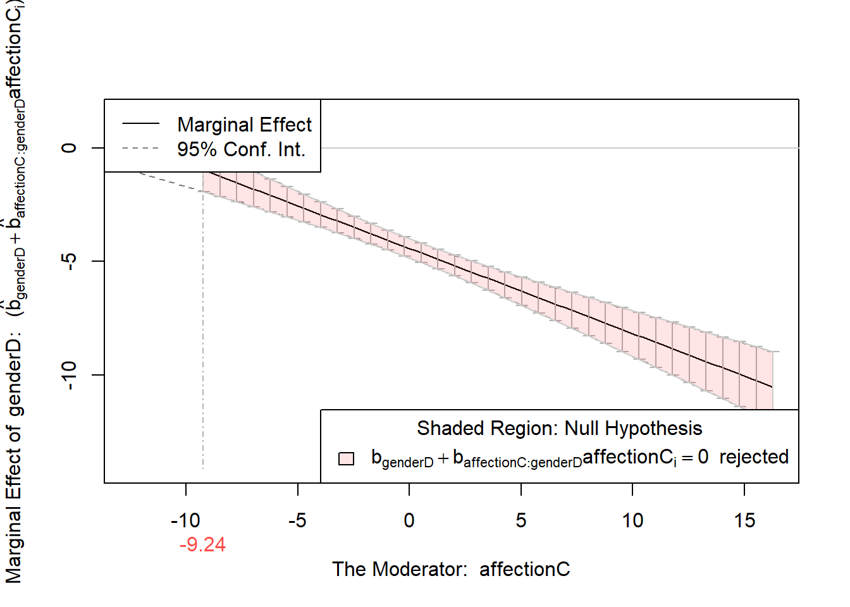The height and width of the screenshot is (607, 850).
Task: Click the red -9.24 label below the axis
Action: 202,545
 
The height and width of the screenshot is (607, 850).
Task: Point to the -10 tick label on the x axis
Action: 185,520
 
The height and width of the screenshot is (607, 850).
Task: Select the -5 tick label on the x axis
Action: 297,520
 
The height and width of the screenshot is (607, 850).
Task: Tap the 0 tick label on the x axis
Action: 409,520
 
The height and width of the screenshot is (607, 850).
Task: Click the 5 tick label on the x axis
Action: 520,520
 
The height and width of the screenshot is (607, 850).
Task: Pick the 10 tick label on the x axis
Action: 632,520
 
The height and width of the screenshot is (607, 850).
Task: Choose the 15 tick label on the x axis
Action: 744,520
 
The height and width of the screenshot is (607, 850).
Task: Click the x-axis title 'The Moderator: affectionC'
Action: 451,570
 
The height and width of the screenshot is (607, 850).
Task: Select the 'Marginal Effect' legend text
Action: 244,125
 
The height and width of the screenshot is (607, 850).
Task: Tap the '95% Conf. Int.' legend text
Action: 241,149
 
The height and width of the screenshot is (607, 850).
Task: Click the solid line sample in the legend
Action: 140,124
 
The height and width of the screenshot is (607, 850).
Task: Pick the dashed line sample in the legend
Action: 140,149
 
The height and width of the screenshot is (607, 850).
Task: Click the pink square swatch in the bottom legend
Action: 346,458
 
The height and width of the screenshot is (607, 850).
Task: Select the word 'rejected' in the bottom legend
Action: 753,457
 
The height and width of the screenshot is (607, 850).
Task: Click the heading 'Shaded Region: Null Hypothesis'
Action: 559,429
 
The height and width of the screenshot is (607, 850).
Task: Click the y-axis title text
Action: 15,291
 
